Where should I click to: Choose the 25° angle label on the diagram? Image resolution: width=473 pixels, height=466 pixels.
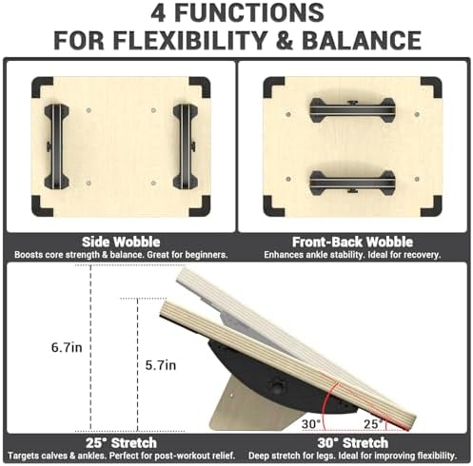[374, 422]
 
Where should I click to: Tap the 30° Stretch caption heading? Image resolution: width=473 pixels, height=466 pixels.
[353, 443]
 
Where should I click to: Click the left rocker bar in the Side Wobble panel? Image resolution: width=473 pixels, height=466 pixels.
[56, 146]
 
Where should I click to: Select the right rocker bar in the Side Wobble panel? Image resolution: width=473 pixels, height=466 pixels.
[185, 146]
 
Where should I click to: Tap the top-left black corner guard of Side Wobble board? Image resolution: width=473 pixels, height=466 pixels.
[42, 87]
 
